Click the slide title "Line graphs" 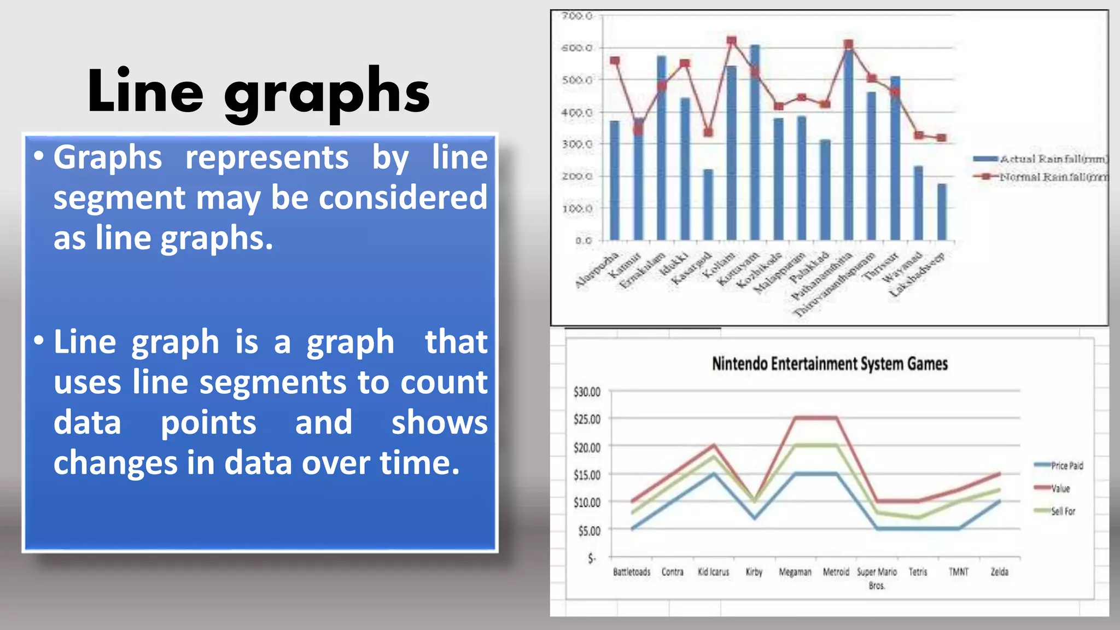click(x=258, y=91)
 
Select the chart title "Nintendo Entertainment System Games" click(x=829, y=364)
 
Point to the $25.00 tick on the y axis click(x=587, y=419)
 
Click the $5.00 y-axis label click(x=589, y=531)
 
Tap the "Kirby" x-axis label click(x=754, y=572)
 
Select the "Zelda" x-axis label click(x=999, y=572)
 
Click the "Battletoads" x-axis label click(x=632, y=572)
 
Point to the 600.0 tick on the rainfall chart click(x=577, y=48)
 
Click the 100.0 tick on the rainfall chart click(x=577, y=209)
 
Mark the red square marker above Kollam click(x=731, y=41)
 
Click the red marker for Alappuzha click(x=615, y=61)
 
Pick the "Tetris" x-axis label click(x=918, y=572)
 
